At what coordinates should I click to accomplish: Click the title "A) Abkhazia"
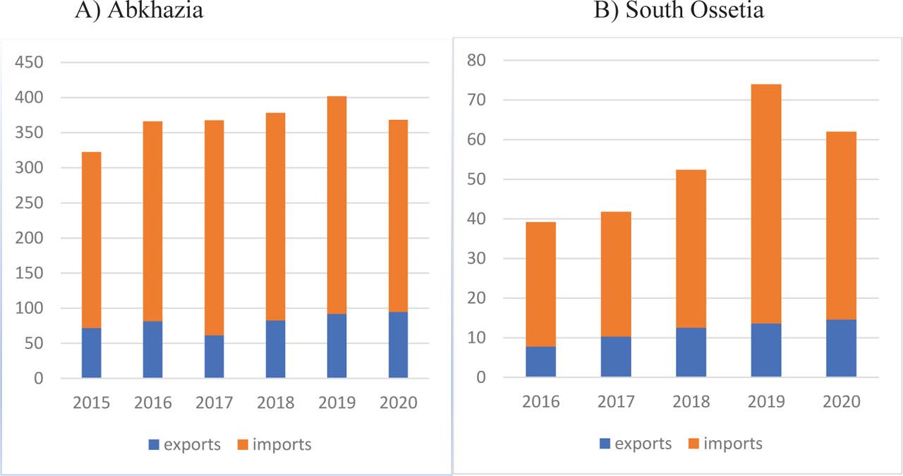click(x=139, y=11)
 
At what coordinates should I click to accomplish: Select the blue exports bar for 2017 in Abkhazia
click(x=214, y=357)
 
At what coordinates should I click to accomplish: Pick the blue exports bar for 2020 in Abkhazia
click(x=398, y=345)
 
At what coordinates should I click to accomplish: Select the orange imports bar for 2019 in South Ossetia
click(x=766, y=204)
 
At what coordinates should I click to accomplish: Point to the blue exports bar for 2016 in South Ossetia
click(x=540, y=362)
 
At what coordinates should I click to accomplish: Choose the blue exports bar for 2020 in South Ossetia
click(x=841, y=348)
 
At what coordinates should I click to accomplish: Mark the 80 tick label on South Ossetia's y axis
click(x=477, y=61)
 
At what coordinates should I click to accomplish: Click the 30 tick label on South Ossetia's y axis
click(x=477, y=259)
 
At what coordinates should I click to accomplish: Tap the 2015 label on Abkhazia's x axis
click(x=92, y=403)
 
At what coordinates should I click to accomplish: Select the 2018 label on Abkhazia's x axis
click(x=276, y=403)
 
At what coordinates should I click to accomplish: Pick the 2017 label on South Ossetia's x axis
click(x=616, y=401)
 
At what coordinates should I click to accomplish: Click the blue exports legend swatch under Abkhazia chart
click(x=154, y=445)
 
